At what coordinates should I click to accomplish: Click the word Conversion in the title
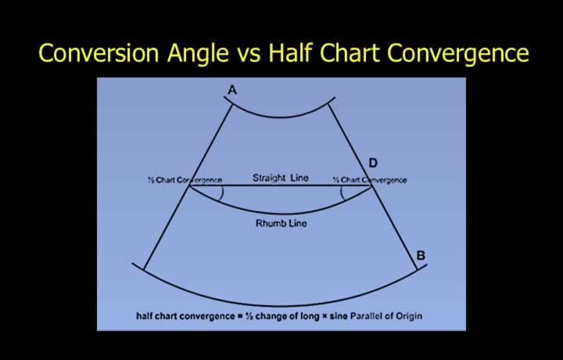99,52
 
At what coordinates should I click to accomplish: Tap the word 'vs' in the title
249,56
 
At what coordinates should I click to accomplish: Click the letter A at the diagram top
232,90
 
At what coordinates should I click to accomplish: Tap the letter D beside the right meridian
373,163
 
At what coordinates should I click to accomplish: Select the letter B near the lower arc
421,255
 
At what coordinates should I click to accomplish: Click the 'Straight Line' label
281,178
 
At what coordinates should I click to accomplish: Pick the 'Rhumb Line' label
281,223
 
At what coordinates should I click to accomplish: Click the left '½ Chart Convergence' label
185,180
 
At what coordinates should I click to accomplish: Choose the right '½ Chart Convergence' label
370,180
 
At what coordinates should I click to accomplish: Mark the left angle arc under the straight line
222,193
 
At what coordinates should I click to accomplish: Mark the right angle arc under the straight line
342,193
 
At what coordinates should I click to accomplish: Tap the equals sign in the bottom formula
240,316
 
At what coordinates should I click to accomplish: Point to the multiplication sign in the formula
325,316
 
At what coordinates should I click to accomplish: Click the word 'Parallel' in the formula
366,316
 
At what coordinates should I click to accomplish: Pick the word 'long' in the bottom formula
311,316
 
